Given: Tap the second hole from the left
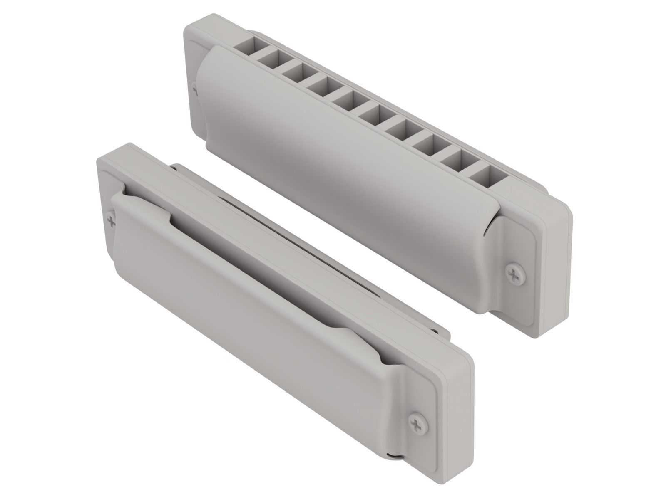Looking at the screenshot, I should pyautogui.click(x=271, y=57).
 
